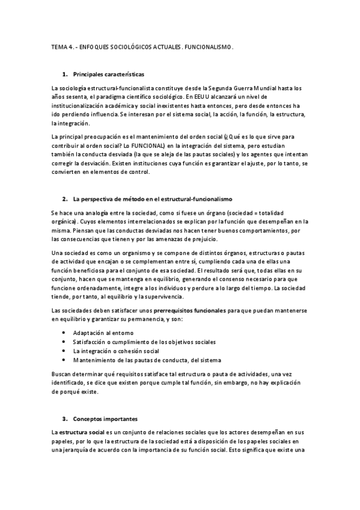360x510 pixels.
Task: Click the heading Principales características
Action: click(108, 75)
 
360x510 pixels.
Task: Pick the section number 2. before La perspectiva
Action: click(64, 198)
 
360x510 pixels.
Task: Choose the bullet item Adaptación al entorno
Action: click(103, 333)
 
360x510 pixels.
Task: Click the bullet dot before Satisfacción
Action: click(64, 342)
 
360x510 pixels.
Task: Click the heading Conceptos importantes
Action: click(105, 418)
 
